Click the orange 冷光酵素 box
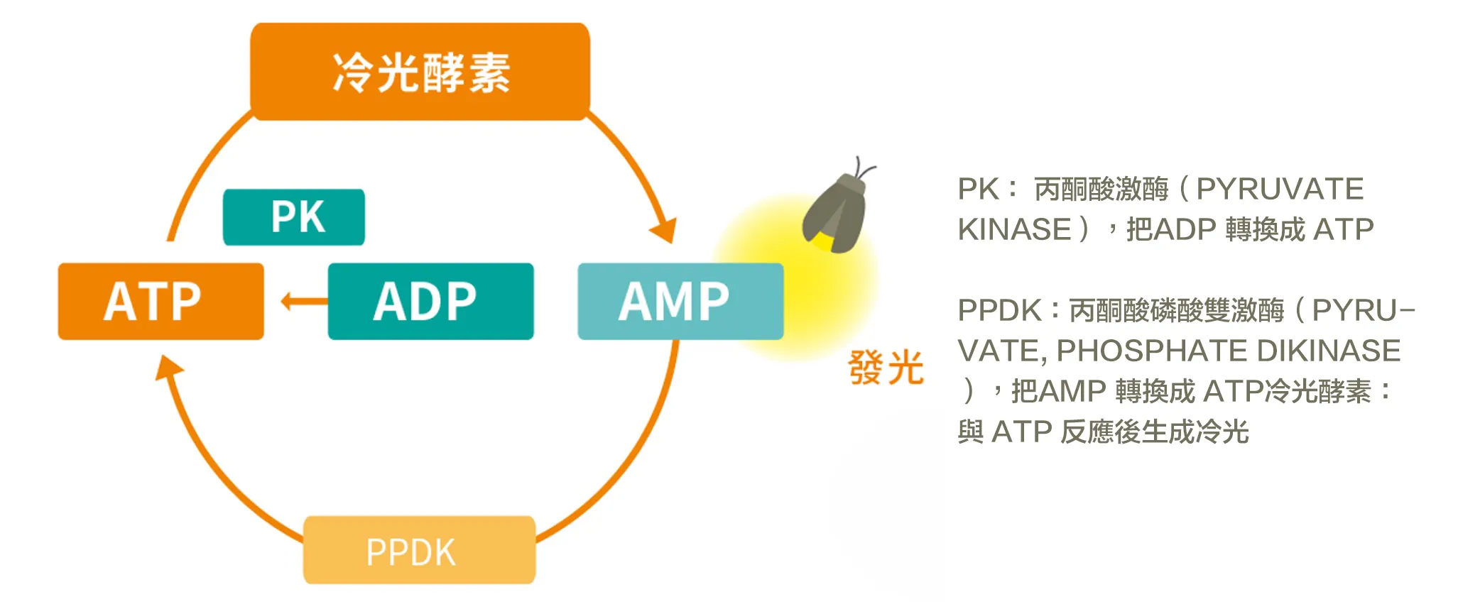tap(420, 72)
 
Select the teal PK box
tap(294, 217)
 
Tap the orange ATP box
tap(161, 302)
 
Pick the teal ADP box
tap(430, 302)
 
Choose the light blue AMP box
tap(680, 302)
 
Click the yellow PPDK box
tap(419, 551)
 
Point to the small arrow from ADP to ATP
tap(302, 302)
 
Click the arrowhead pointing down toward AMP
tap(664, 231)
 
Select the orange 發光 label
tap(886, 368)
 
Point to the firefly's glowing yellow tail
tap(823, 242)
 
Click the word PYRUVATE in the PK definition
tap(1280, 190)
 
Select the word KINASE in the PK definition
tap(1014, 230)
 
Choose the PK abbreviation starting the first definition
tap(978, 190)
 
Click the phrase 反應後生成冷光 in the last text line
tap(1154, 432)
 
